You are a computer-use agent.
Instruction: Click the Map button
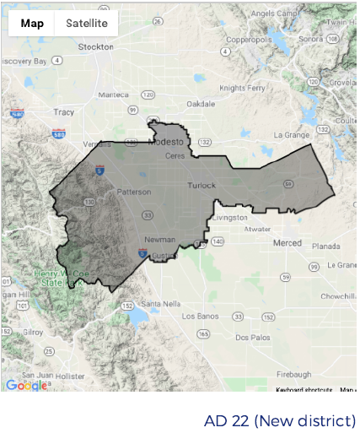[33, 23]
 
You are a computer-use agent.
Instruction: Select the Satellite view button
[87, 23]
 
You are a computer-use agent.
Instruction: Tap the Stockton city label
[95, 48]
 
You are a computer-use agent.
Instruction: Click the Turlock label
[202, 185]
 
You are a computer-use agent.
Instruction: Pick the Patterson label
[134, 192]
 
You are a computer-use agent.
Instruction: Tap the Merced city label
[287, 243]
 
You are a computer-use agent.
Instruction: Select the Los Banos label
[202, 316]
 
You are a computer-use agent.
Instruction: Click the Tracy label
[64, 111]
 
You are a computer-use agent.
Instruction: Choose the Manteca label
[114, 95]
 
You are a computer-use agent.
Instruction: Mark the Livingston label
[230, 217]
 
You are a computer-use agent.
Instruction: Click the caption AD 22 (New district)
[279, 420]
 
